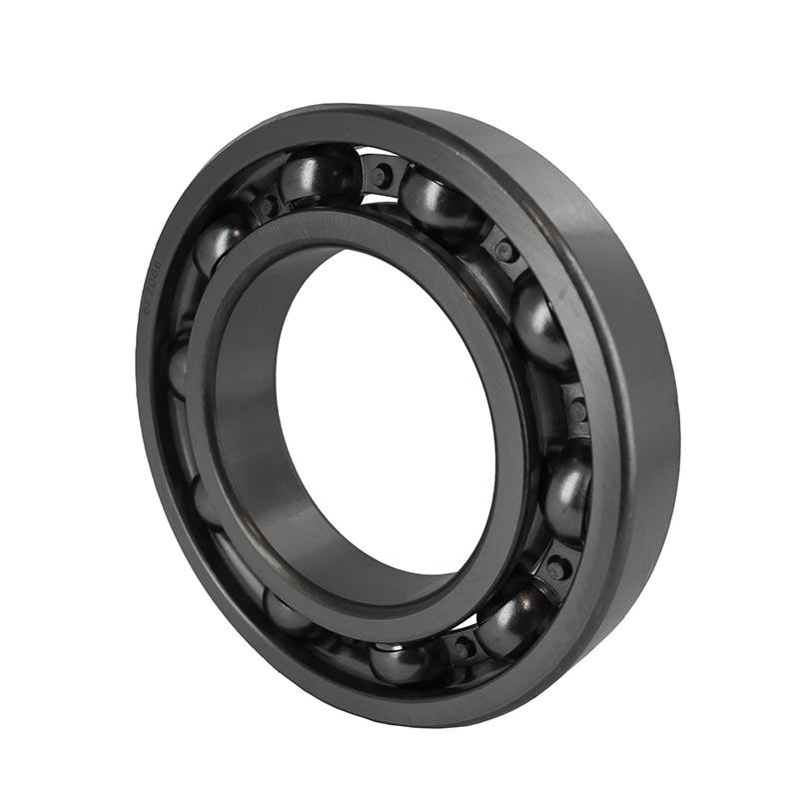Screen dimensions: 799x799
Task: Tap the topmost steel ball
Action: (x=318, y=176)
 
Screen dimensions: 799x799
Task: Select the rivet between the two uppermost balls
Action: (x=381, y=176)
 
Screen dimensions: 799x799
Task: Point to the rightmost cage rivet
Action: (x=577, y=410)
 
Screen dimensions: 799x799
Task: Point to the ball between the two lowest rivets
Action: (x=509, y=619)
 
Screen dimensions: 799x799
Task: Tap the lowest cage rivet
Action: (x=461, y=646)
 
